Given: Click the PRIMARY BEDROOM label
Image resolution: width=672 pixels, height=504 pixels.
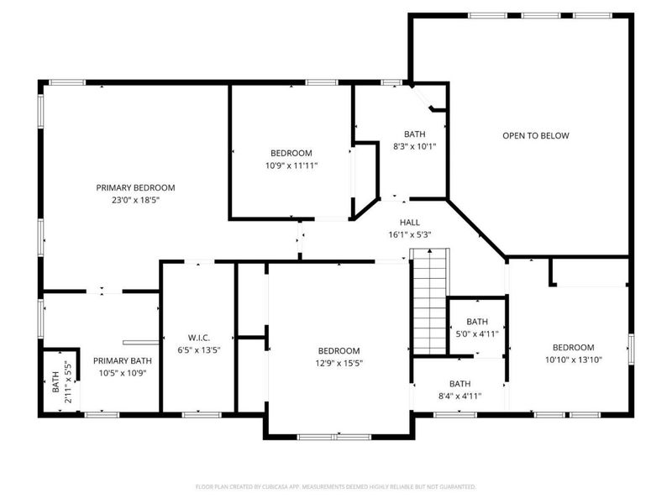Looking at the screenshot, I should [135, 187].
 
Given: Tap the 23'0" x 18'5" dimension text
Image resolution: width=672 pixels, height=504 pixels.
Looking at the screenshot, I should [135, 200].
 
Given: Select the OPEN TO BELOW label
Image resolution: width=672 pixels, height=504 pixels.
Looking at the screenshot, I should [536, 135].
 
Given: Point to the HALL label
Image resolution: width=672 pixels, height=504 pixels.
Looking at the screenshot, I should [409, 222].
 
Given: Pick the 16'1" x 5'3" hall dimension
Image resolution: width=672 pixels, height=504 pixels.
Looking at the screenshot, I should [409, 234].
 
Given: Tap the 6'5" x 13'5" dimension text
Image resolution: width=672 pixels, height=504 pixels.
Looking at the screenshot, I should [197, 351].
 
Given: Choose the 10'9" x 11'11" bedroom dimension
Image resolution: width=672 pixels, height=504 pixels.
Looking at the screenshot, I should [291, 165].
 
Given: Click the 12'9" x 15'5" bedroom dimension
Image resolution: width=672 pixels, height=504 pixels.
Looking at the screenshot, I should [339, 363].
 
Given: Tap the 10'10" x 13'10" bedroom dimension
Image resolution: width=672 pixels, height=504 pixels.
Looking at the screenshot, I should [573, 360].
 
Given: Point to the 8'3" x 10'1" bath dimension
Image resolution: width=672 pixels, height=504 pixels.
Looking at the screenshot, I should [415, 146].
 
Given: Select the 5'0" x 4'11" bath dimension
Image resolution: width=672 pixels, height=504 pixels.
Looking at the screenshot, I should [476, 333].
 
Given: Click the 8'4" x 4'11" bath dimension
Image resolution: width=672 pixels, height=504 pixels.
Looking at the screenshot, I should [459, 395].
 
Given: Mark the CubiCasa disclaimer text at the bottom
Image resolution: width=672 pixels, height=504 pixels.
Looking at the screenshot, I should [336, 486].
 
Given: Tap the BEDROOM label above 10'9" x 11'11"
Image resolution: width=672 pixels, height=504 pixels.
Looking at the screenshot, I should [291, 153].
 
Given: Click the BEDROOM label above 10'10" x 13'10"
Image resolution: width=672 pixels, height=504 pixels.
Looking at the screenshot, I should [573, 347].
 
